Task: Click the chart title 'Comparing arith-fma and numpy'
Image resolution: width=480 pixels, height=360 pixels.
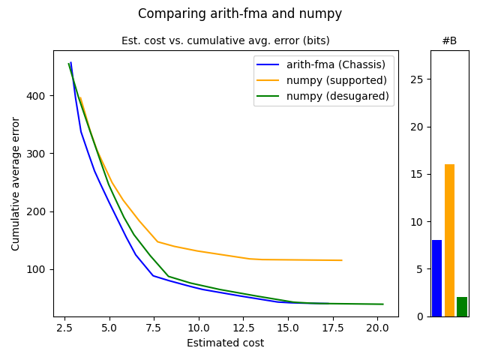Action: click(239, 13)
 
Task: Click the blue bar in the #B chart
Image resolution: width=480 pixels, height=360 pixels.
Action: click(436, 278)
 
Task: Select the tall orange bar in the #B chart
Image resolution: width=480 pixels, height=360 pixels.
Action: click(449, 240)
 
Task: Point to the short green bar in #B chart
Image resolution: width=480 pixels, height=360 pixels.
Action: click(462, 307)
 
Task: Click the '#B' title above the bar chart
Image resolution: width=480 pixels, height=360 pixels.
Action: click(449, 40)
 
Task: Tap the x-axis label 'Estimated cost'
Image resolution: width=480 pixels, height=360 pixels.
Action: click(225, 343)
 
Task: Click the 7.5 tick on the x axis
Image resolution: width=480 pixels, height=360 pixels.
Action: click(153, 328)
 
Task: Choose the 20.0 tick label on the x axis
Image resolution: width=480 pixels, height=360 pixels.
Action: click(377, 328)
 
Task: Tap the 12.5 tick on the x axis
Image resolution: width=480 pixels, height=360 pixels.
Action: click(243, 328)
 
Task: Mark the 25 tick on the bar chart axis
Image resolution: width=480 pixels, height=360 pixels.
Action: click(419, 79)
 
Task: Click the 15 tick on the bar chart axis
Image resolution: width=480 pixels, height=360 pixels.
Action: click(419, 174)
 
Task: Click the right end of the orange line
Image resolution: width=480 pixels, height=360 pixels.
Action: click(342, 260)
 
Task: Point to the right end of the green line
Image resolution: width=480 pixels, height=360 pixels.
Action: click(383, 304)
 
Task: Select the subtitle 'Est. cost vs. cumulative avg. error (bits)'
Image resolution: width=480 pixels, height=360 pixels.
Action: click(225, 40)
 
